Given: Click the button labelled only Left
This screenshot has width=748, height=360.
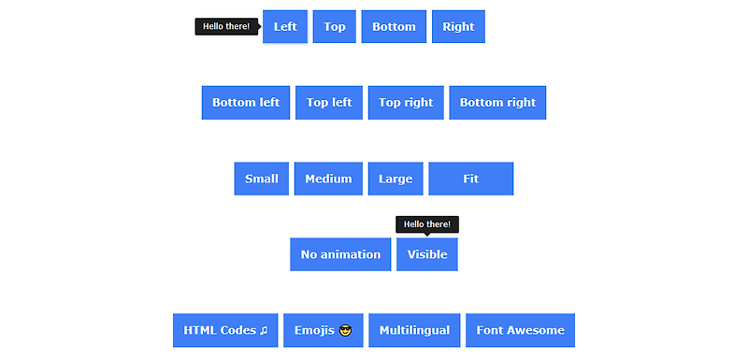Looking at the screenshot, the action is (285, 26).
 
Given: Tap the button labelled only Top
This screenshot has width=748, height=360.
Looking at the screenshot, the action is (335, 26).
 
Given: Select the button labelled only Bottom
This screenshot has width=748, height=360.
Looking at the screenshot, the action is (394, 26).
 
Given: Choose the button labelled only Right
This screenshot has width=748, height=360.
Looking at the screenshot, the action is (458, 26).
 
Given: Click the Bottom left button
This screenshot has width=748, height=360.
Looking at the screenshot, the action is (246, 103).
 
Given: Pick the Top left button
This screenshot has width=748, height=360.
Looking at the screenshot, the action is (329, 103).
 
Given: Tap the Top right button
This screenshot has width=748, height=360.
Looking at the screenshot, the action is (406, 103).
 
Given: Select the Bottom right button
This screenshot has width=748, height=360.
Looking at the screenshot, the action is (497, 103).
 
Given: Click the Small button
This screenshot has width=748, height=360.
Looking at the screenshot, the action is (262, 179).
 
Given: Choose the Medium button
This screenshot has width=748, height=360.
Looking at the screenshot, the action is (328, 179).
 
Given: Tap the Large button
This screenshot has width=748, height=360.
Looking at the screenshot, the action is (396, 179).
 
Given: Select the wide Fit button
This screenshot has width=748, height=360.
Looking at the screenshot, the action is (471, 179).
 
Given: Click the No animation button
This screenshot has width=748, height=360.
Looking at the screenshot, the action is (340, 254).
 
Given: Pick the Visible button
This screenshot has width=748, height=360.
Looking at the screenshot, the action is (427, 254).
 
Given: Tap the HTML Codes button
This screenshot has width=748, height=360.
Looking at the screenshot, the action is (225, 330).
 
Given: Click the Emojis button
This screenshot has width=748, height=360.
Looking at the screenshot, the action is (323, 330).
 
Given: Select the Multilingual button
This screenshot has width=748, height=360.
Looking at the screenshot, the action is (414, 330).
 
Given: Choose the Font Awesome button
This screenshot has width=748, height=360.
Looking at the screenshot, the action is (520, 330).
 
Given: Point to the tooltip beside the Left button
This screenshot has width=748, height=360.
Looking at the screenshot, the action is (226, 26).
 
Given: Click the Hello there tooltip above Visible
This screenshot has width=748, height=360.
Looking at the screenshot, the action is (427, 224).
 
